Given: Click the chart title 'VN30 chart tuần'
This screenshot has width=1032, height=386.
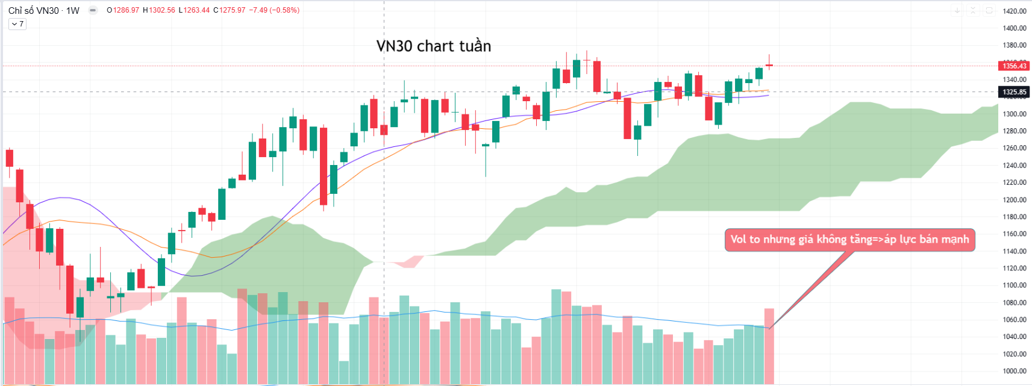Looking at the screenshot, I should click(x=433, y=46).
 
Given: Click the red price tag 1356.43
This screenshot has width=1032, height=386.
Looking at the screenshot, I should click(x=1015, y=66).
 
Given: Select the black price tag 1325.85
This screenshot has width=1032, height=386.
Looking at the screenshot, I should click(x=1015, y=92).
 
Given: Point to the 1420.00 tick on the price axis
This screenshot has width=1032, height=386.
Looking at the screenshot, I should click(x=1015, y=11).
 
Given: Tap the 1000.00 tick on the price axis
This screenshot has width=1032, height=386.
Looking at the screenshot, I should click(x=1015, y=371).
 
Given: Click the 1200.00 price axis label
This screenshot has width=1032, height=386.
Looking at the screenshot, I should click(x=1015, y=200).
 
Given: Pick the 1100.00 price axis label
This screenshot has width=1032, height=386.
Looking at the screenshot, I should click(x=1015, y=285).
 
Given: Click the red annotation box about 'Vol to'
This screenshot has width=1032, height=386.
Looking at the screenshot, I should click(x=849, y=240).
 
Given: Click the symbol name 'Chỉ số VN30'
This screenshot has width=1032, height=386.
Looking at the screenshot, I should click(x=34, y=10).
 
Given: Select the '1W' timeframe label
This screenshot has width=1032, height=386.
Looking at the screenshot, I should click(x=73, y=10).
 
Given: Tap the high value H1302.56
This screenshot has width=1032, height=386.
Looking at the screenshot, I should click(x=159, y=10).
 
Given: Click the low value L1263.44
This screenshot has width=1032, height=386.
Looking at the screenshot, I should click(x=194, y=10).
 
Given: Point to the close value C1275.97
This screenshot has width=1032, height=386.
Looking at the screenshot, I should click(x=230, y=10).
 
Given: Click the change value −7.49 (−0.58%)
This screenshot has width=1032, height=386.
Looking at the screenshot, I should click(x=274, y=10).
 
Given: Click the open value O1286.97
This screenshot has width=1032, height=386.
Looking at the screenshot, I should click(x=123, y=10).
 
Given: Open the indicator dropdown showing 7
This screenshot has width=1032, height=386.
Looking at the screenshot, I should click(x=17, y=24).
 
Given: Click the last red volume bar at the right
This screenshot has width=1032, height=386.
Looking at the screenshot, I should click(x=769, y=346).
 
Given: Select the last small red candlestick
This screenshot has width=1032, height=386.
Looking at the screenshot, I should click(x=769, y=65).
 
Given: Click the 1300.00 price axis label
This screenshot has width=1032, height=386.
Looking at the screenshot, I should click(x=1015, y=114).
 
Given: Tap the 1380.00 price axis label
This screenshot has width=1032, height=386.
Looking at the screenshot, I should click(x=1015, y=45).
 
